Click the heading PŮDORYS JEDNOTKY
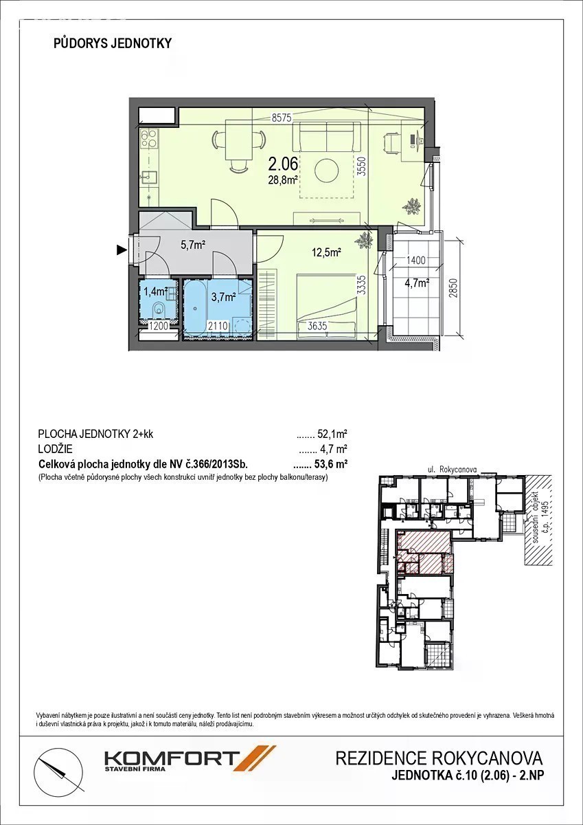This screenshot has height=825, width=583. [x=113, y=43]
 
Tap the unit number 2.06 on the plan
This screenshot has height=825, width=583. [x=282, y=164]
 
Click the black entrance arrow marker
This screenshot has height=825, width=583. [x=122, y=250]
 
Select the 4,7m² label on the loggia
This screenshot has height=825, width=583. [x=417, y=283]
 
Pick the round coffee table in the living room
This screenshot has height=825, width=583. [x=327, y=170]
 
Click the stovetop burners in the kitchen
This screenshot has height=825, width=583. [x=149, y=137]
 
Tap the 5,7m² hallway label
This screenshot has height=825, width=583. [x=193, y=245]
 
